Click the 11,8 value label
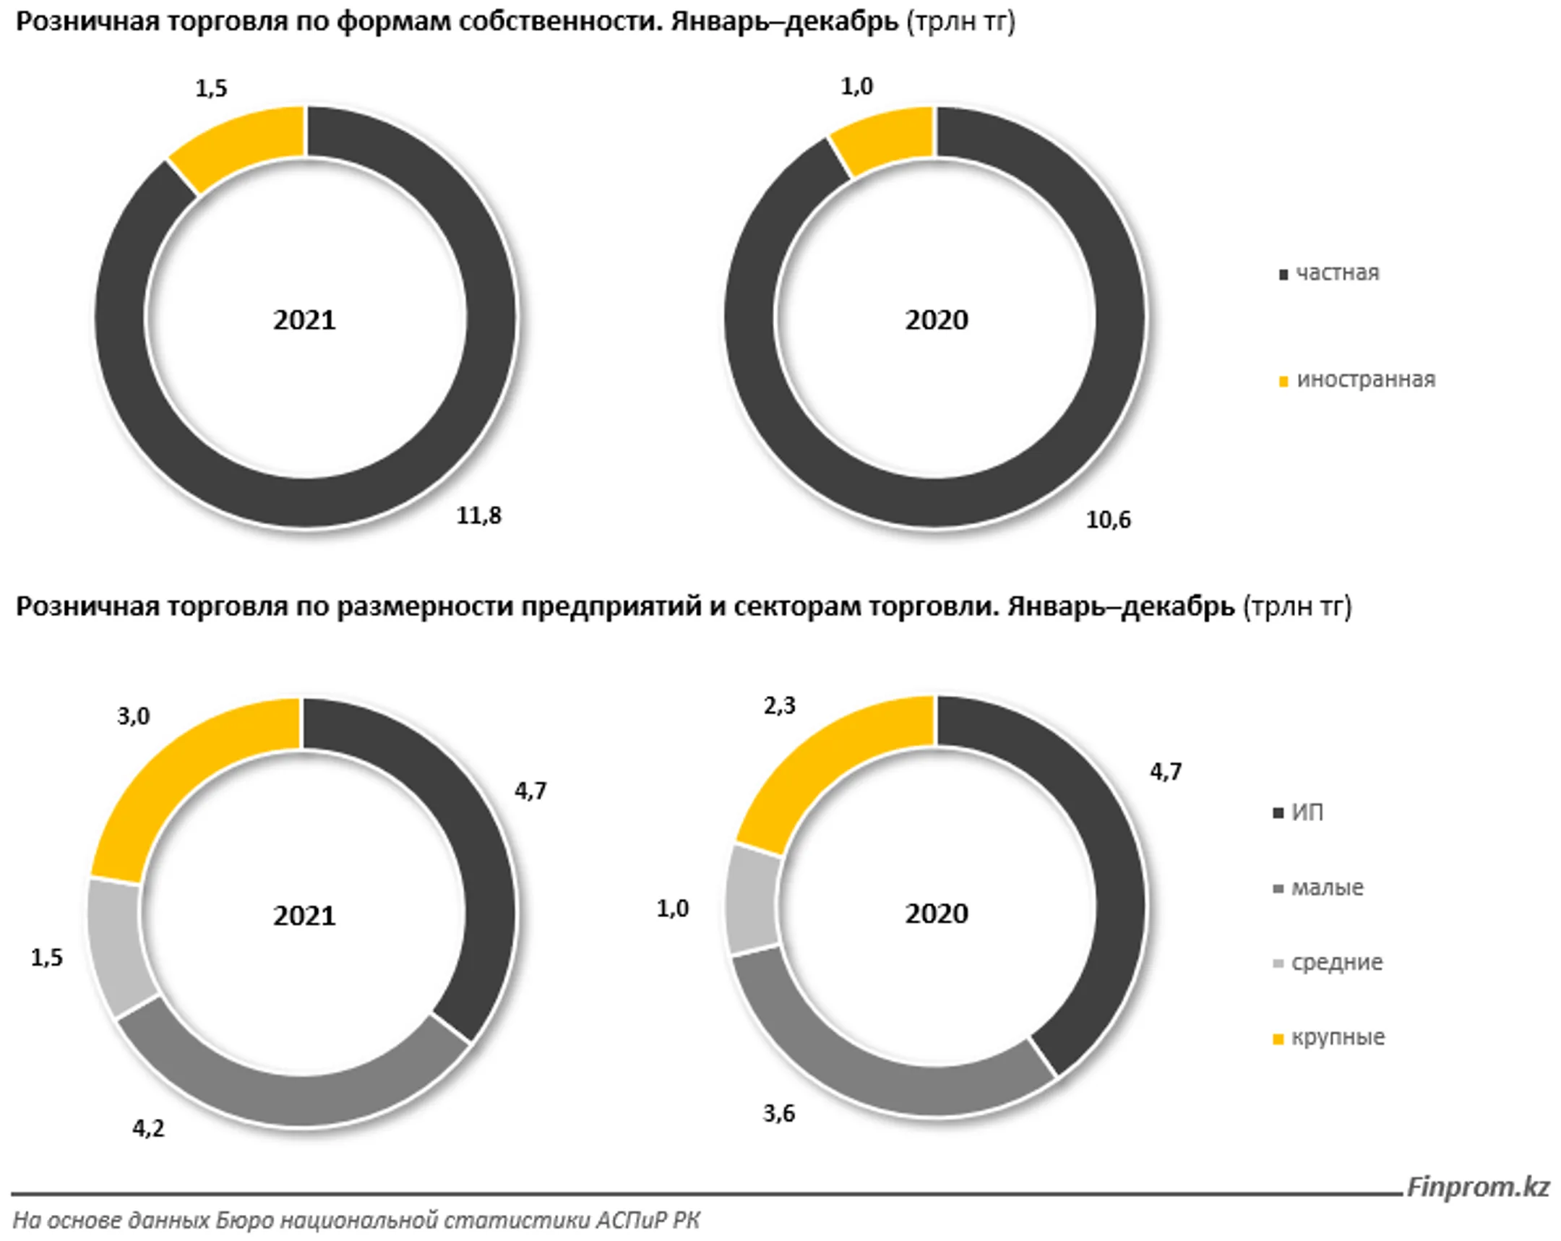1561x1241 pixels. point(478,515)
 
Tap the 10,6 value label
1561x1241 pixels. point(1108,520)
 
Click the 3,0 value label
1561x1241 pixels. point(134,716)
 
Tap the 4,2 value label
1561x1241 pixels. point(148,1128)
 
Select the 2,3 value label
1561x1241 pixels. point(780,705)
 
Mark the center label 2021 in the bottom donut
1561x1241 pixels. point(304,916)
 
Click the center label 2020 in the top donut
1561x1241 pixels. point(936,320)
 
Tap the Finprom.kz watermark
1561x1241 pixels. point(1478,1187)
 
